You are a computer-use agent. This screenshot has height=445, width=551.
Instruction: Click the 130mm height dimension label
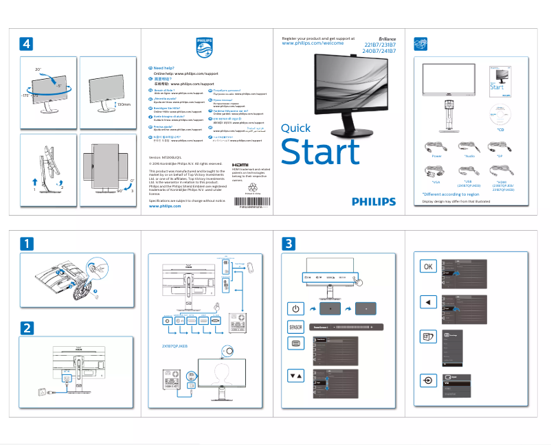point(124,104)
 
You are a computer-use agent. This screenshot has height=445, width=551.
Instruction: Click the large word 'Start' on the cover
point(320,151)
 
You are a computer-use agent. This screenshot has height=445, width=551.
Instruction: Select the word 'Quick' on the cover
point(296,128)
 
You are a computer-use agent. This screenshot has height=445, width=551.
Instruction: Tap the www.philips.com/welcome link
point(313,43)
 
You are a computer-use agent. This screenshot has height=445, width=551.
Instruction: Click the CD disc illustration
point(499,115)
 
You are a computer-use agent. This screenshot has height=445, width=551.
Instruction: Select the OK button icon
point(429,266)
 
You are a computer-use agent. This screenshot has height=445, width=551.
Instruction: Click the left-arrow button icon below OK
point(429,301)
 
